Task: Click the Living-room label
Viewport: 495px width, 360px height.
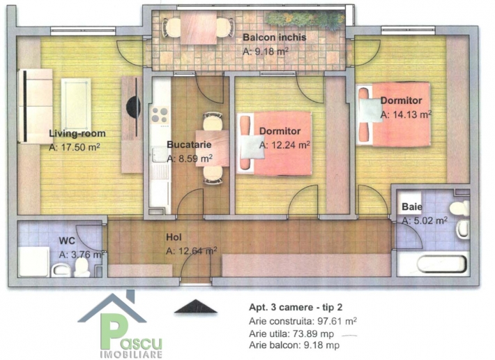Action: point(77,133)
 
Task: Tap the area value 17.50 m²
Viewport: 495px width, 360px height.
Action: point(75,147)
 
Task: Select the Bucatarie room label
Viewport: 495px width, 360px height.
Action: point(189,144)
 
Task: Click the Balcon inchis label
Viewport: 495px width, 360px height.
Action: point(274,37)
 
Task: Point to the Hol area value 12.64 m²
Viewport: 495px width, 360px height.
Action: point(191,251)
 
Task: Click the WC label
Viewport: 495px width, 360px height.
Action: point(67,241)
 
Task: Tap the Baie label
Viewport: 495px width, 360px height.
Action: point(412,207)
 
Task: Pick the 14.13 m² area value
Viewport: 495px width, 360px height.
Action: point(406,114)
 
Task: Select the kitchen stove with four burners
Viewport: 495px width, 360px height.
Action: point(160,116)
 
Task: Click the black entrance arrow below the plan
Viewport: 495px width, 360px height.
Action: point(196,306)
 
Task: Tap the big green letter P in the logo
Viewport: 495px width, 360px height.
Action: point(112,331)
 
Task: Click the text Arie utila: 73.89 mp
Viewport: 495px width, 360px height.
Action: point(291,333)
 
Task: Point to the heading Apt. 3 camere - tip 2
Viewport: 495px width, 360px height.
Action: point(296,307)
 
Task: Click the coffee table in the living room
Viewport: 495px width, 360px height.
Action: point(76,104)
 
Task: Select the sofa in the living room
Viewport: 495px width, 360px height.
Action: point(36,106)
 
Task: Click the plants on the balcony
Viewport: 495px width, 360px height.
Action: point(305,20)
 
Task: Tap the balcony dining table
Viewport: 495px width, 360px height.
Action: point(199,27)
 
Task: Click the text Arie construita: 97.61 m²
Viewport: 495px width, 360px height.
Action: point(303,321)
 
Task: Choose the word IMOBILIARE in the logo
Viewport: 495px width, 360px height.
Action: point(131,354)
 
